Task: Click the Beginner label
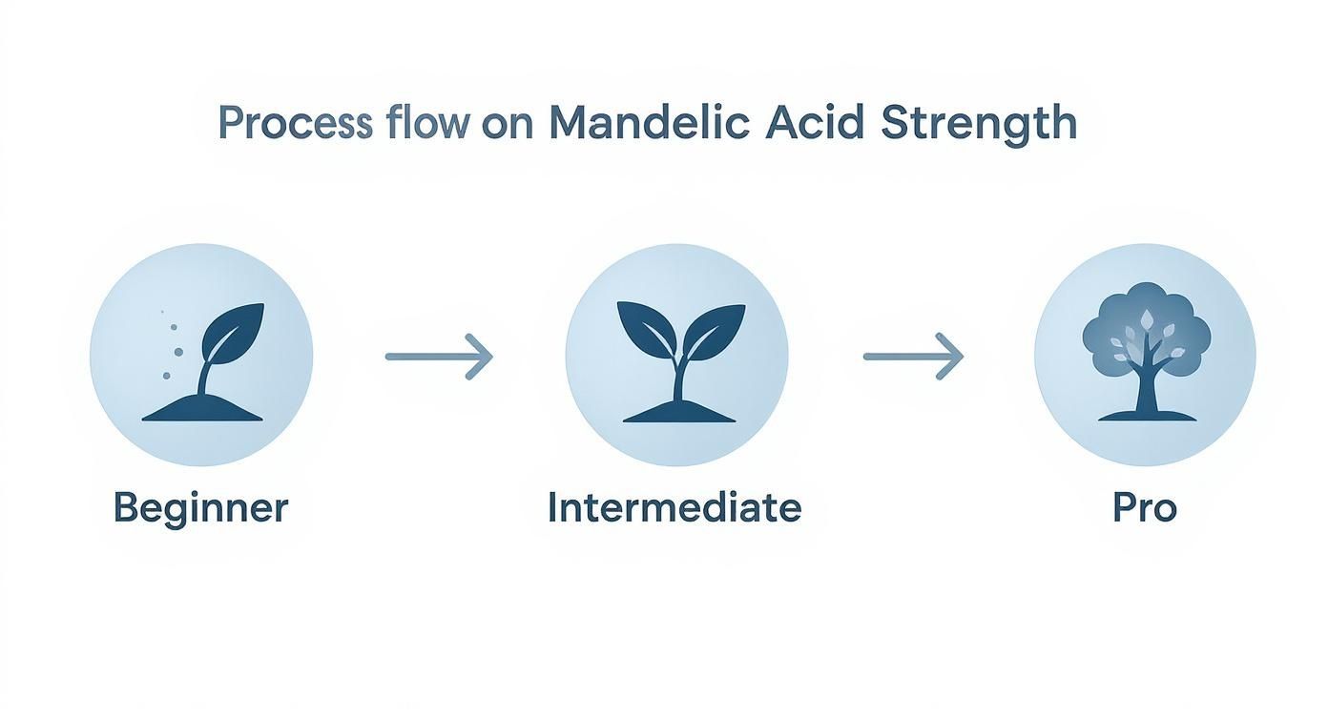point(200,508)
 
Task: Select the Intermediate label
point(674,507)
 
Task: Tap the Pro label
point(1145,508)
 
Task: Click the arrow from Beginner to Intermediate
point(438,357)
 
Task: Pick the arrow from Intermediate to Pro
point(912,357)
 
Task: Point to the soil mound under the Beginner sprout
point(201,410)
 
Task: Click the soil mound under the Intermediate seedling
point(676,411)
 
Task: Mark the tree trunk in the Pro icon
point(1146,386)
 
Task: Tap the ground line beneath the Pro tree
point(1146,416)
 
